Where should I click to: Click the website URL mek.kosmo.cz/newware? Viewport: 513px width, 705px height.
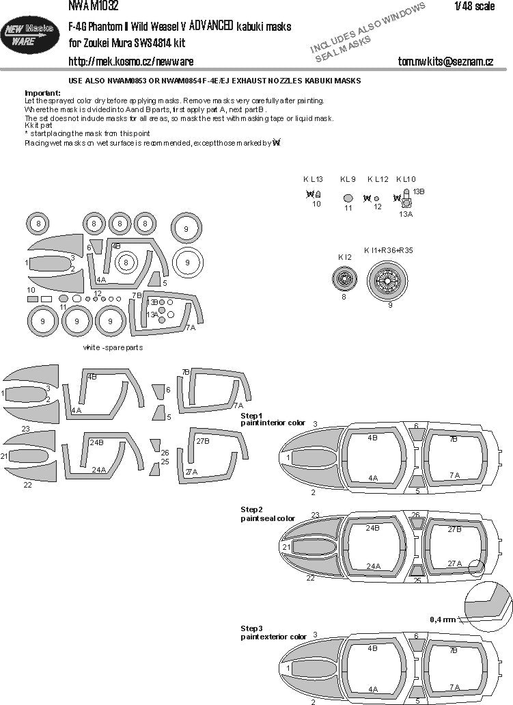(130, 62)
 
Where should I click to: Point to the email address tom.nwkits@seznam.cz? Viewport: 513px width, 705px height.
(445, 62)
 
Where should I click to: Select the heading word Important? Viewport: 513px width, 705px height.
(42, 92)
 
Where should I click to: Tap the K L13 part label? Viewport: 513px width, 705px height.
(313, 179)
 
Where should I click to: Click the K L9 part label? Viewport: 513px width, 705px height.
(348, 179)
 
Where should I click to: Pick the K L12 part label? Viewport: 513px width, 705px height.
(378, 179)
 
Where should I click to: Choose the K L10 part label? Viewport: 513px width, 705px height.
(406, 179)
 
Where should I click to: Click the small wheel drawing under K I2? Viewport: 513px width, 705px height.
(344, 279)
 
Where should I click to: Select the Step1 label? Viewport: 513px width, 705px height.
(251, 416)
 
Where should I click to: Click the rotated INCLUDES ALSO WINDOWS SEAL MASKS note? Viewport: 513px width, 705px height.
(369, 31)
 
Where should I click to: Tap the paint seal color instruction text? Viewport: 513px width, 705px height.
(268, 518)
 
